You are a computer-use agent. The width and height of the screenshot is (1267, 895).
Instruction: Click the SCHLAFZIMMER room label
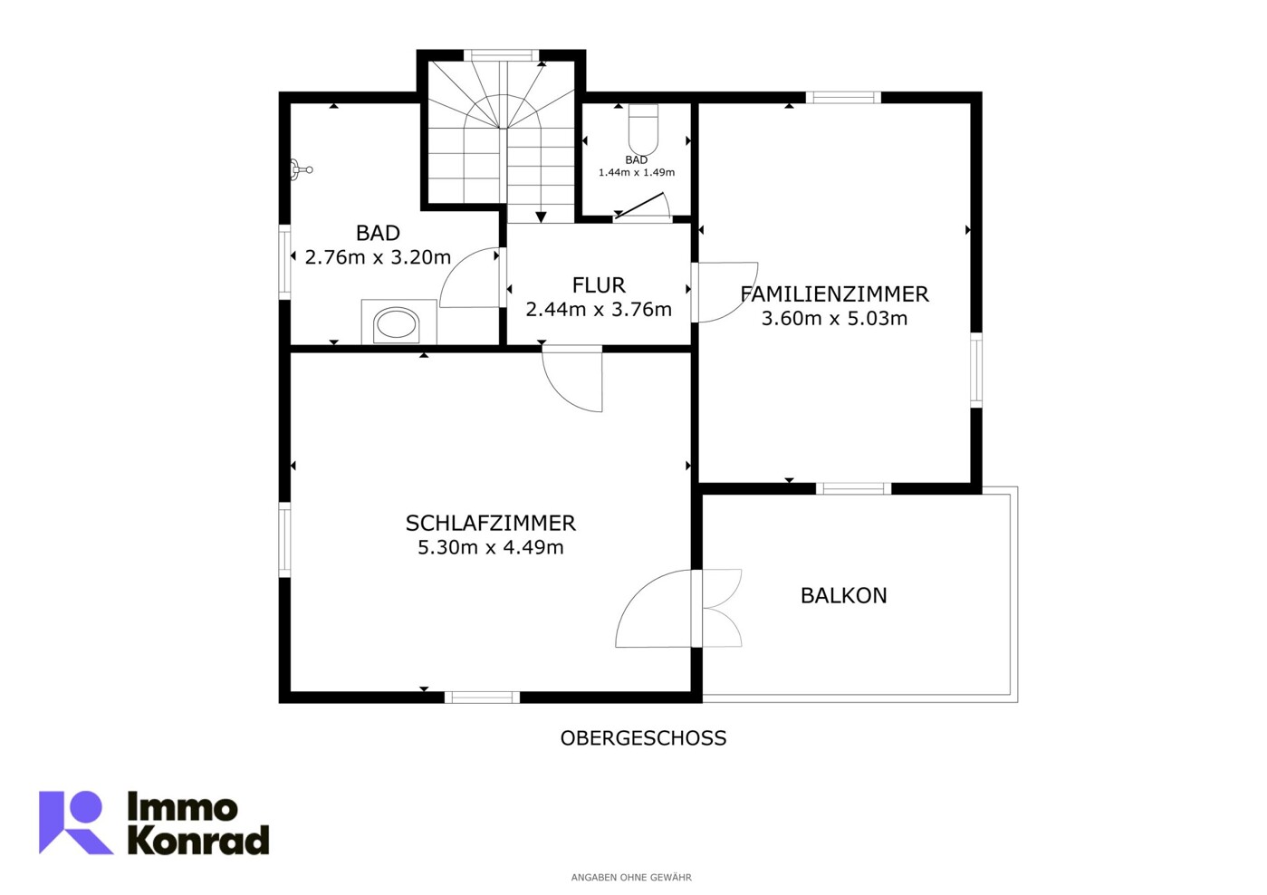click(490, 524)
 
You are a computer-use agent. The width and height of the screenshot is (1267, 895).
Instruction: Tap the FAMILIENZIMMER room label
click(834, 294)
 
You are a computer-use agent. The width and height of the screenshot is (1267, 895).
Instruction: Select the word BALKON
click(844, 596)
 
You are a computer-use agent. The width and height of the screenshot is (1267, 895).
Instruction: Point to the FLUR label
click(599, 285)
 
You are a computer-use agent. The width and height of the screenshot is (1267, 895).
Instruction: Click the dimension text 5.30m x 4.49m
click(490, 548)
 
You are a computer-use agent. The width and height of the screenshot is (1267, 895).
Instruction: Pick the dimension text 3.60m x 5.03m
click(834, 319)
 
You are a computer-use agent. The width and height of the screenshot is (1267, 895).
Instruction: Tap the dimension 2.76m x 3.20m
click(378, 257)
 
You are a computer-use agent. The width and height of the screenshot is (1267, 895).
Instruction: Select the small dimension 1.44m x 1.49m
click(637, 172)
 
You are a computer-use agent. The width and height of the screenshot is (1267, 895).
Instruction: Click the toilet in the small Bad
click(644, 130)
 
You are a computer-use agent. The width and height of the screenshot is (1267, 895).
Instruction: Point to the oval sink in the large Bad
click(397, 324)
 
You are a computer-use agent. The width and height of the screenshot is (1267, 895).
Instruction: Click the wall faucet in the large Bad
click(301, 169)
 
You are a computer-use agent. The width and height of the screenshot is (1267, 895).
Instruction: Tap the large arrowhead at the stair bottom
click(541, 217)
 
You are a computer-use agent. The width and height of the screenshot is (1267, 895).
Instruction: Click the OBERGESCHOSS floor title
click(643, 738)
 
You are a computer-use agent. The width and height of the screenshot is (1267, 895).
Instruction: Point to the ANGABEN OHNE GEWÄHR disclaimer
click(631, 878)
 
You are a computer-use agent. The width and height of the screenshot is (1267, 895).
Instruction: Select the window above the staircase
click(501, 55)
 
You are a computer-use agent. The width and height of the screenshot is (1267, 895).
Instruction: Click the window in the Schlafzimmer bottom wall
click(482, 698)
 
